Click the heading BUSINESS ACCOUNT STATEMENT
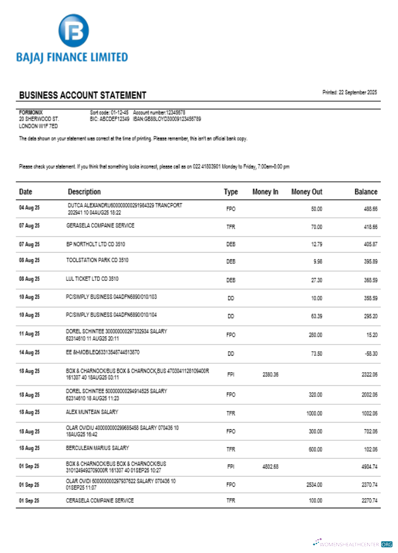tap(82, 95)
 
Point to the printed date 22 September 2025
tap(349, 92)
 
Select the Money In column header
tap(265, 192)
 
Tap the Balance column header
tap(366, 192)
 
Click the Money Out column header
tap(307, 192)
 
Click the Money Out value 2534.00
tap(314, 484)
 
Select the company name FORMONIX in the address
tap(31, 112)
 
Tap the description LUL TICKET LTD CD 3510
tap(92, 279)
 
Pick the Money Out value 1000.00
tap(314, 413)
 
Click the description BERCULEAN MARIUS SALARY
tap(97, 448)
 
